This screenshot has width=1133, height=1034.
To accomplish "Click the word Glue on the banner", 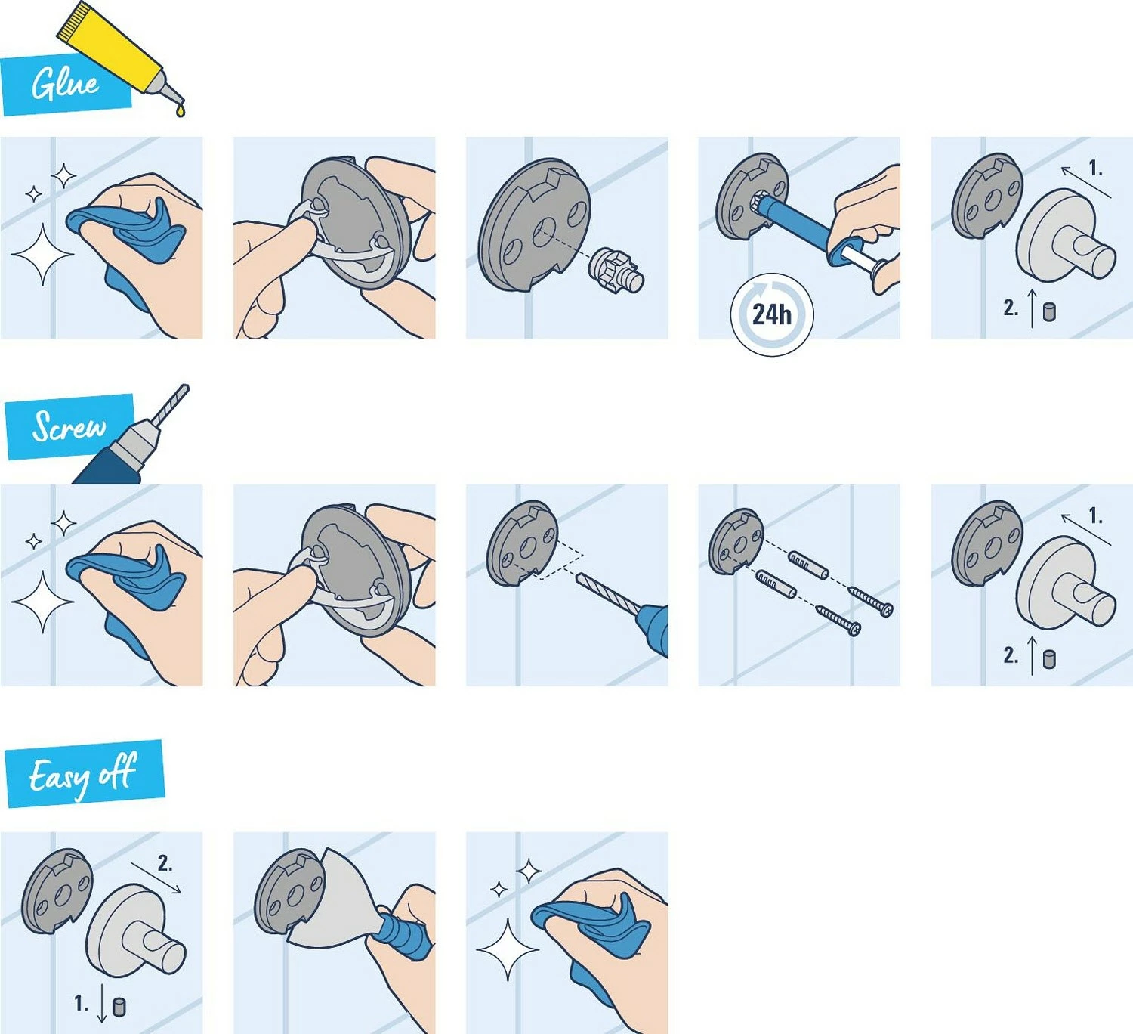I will (64, 83).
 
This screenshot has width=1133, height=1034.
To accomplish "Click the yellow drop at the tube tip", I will (180, 111).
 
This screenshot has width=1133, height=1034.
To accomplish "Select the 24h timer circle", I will (771, 314).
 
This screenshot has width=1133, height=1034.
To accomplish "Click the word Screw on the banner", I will (68, 427).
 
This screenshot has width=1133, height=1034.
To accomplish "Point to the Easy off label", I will (83, 775).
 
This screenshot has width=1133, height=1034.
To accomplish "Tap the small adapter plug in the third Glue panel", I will (618, 271).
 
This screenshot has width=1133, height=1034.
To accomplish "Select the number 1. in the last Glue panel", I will (1095, 169).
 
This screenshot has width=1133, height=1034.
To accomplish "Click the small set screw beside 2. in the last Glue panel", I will (1049, 311).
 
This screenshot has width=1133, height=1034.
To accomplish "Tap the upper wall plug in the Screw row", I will (807, 564).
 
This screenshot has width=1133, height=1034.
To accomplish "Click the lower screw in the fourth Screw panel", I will (838, 621).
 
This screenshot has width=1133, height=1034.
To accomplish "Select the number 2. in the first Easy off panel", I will (165, 863).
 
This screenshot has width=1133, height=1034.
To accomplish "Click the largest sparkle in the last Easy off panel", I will (507, 949).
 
